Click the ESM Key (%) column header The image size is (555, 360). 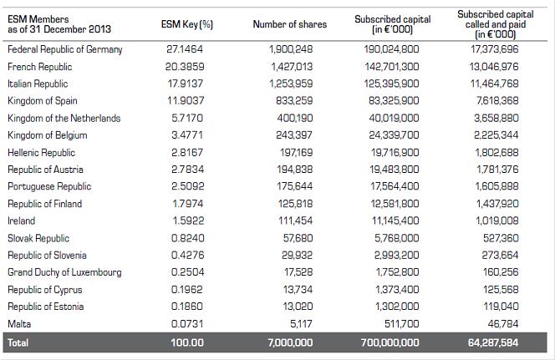click(187, 24)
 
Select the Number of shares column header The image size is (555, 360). click(290, 24)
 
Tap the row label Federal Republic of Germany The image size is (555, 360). click(64, 49)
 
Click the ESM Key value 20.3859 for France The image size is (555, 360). click(185, 67)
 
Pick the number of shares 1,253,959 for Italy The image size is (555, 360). click(291, 84)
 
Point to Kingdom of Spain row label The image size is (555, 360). click(43, 101)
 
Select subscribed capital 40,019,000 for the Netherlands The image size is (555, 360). click(394, 118)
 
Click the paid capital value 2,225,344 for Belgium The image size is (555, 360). click(496, 134)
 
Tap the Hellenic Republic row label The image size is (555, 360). click(42, 152)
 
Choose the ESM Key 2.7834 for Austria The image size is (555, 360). click(187, 170)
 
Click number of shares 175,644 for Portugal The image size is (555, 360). click(295, 186)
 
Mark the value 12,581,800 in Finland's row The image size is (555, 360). click(395, 204)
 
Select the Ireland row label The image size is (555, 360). click(21, 221)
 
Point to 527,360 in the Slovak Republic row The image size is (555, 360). click(501, 238)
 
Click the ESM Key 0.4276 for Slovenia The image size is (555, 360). click(187, 255)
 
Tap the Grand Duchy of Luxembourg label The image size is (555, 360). click(64, 272)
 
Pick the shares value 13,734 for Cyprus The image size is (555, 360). click(298, 289)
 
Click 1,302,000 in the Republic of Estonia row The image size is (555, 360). click(397, 307)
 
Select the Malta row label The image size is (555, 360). click(19, 323)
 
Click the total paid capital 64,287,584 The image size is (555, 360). click(493, 342)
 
